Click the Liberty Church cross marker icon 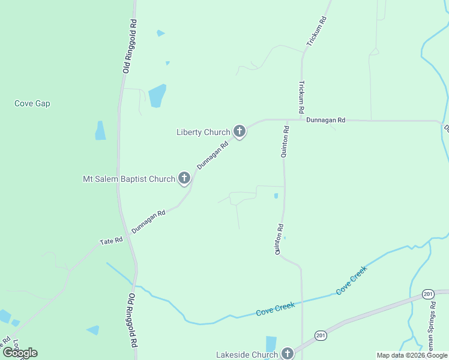(x=240, y=131)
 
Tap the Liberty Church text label (x=203, y=132)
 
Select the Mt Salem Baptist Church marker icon (x=184, y=178)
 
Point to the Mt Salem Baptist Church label (x=128, y=179)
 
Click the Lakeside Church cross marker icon (x=288, y=353)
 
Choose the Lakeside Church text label (x=247, y=355)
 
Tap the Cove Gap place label (x=32, y=103)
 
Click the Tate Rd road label (x=111, y=241)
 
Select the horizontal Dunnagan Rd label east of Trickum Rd (x=326, y=120)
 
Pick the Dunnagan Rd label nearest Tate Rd (x=148, y=221)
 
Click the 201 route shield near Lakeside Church (x=321, y=336)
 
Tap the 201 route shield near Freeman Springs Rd (x=428, y=293)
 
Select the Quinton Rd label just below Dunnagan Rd (x=286, y=142)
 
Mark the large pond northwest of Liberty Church (x=157, y=95)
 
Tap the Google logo (x=20, y=353)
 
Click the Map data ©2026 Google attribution (x=412, y=355)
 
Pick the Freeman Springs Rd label (x=433, y=324)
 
